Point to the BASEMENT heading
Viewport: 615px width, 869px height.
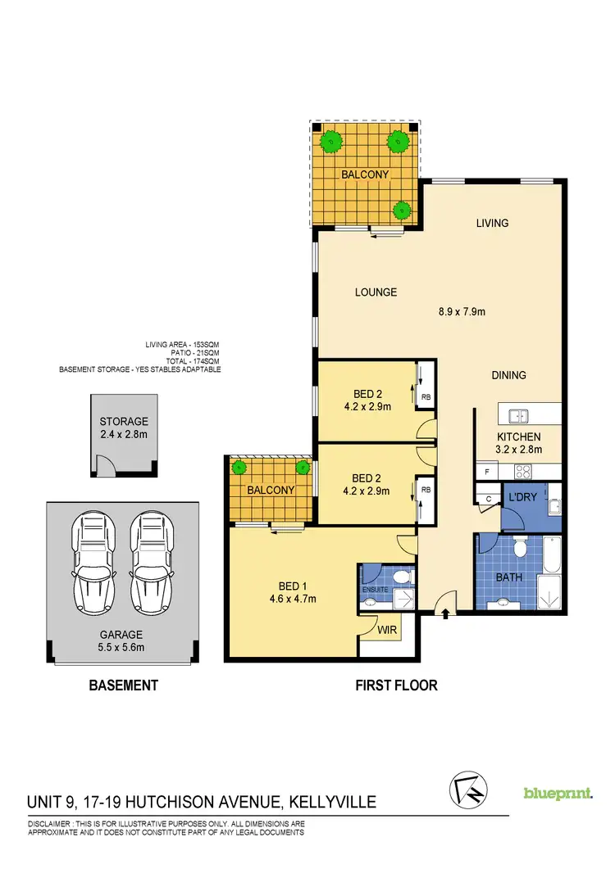click(123, 685)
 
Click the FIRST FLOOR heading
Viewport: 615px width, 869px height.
click(397, 685)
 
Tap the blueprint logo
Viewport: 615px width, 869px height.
click(558, 793)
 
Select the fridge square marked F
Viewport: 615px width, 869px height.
click(486, 472)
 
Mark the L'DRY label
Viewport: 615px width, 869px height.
click(522, 497)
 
